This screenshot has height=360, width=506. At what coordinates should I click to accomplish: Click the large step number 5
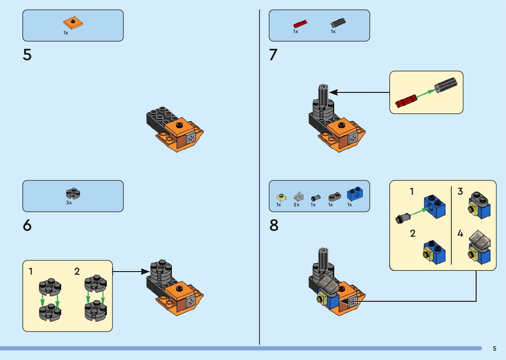(x=27, y=55)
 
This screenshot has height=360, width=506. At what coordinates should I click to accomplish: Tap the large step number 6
(x=27, y=225)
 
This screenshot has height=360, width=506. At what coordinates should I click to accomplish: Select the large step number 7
(x=273, y=55)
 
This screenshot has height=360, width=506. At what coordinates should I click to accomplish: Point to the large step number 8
(x=274, y=225)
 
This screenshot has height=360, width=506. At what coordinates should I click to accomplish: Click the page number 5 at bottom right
(x=494, y=349)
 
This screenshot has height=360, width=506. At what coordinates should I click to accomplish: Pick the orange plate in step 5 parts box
(x=73, y=23)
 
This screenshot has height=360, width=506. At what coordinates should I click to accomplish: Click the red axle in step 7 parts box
(x=300, y=24)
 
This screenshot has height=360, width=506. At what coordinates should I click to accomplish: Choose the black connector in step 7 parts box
(x=338, y=23)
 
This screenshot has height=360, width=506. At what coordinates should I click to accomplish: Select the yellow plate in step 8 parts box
(x=281, y=197)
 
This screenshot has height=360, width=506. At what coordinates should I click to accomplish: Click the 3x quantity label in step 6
(x=69, y=203)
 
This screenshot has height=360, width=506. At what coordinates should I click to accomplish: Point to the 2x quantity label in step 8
(x=296, y=205)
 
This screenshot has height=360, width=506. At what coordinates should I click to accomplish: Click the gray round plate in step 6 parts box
(x=73, y=193)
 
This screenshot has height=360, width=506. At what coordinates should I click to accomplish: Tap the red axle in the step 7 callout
(x=406, y=101)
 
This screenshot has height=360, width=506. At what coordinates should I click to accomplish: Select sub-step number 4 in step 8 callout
(x=460, y=234)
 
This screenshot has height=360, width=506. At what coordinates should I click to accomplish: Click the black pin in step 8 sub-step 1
(x=403, y=218)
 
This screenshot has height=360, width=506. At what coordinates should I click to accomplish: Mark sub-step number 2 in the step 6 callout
(x=77, y=271)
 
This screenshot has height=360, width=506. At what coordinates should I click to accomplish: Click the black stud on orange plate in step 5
(x=179, y=125)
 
